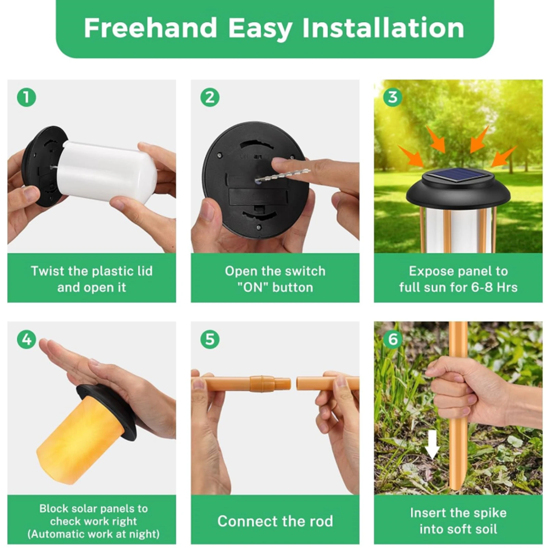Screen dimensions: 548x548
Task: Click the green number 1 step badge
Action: click(26, 98)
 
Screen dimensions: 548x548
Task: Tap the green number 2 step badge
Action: click(210, 98)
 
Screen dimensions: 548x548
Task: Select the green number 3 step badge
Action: click(393, 98)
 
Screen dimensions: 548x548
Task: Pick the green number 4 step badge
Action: click(26, 339)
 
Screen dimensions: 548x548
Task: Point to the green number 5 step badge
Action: click(210, 339)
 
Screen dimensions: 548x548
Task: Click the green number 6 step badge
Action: click(393, 339)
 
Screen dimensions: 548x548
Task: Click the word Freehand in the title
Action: click(150, 28)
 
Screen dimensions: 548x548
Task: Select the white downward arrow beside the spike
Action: click(432, 445)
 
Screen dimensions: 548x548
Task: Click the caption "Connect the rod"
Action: click(275, 521)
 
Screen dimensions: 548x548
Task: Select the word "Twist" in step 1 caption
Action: click(47, 271)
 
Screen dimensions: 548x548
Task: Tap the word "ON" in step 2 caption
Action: click(253, 287)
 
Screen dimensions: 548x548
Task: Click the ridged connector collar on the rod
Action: click(262, 384)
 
